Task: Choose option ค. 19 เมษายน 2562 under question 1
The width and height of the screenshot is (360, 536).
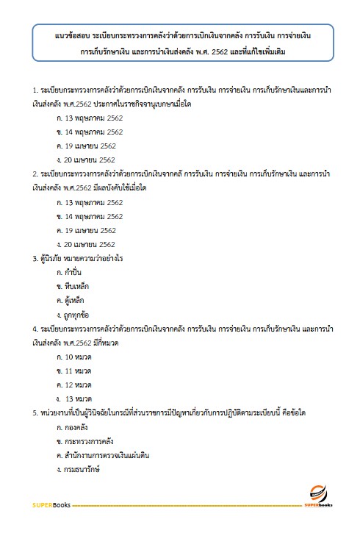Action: tap(86, 146)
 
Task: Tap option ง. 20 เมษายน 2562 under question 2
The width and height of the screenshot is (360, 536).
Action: tap(86, 244)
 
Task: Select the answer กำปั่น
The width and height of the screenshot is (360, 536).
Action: tap(74, 272)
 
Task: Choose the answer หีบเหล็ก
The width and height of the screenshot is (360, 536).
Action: tap(76, 286)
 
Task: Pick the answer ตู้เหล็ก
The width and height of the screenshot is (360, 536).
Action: tap(76, 300)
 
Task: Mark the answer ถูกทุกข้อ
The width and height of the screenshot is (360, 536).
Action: tap(77, 314)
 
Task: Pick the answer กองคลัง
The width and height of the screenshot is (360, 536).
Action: tap(77, 426)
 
